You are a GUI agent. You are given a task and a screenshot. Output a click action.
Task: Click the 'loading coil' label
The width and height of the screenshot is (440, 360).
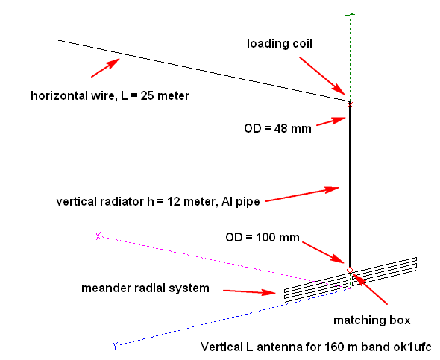pos(280,44)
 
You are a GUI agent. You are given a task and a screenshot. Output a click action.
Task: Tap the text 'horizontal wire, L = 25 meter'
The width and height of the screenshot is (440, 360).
pos(110,96)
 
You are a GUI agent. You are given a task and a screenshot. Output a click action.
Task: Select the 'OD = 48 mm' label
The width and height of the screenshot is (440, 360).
pos(278,129)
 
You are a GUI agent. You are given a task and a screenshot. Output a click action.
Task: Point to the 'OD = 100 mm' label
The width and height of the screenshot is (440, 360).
pos(263,237)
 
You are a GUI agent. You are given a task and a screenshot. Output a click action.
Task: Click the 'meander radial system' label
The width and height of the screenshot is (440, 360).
pos(145,288)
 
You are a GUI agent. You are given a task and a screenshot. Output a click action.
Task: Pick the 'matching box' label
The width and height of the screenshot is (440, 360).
pos(372,320)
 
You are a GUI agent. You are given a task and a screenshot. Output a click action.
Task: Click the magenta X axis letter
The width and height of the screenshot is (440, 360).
pos(98,236)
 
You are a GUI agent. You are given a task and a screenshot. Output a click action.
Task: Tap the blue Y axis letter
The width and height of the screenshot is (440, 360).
pos(115,346)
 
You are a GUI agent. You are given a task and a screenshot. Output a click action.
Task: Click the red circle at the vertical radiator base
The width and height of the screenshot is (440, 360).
pos(350,270)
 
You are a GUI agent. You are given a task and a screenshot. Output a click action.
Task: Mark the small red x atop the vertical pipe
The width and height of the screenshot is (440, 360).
pos(350,104)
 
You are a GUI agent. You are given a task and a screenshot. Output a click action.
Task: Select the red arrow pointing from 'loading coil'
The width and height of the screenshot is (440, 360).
pos(322,76)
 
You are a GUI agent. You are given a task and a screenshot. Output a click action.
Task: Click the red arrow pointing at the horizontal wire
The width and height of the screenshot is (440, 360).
pos(105,68)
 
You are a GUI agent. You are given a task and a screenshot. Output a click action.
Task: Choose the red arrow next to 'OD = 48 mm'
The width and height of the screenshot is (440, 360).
pos(331,121)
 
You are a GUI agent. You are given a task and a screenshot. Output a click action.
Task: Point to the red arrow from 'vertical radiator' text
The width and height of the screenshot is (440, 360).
pos(302,194)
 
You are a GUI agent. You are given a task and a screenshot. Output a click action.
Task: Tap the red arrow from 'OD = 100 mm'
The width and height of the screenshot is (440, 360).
pos(323,253)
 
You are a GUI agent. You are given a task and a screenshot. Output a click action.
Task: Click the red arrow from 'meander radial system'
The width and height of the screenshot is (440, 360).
pos(250,292)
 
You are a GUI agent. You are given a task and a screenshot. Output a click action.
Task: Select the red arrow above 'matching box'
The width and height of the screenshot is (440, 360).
pos(370,288)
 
